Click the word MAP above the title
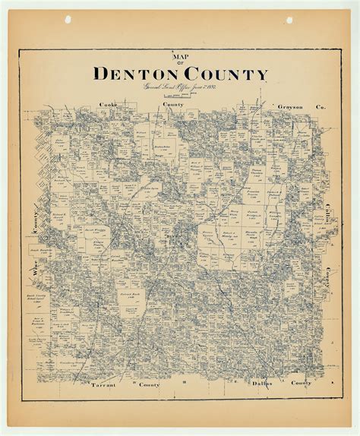pyautogui.click(x=179, y=58)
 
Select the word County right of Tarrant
pyautogui.click(x=148, y=384)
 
